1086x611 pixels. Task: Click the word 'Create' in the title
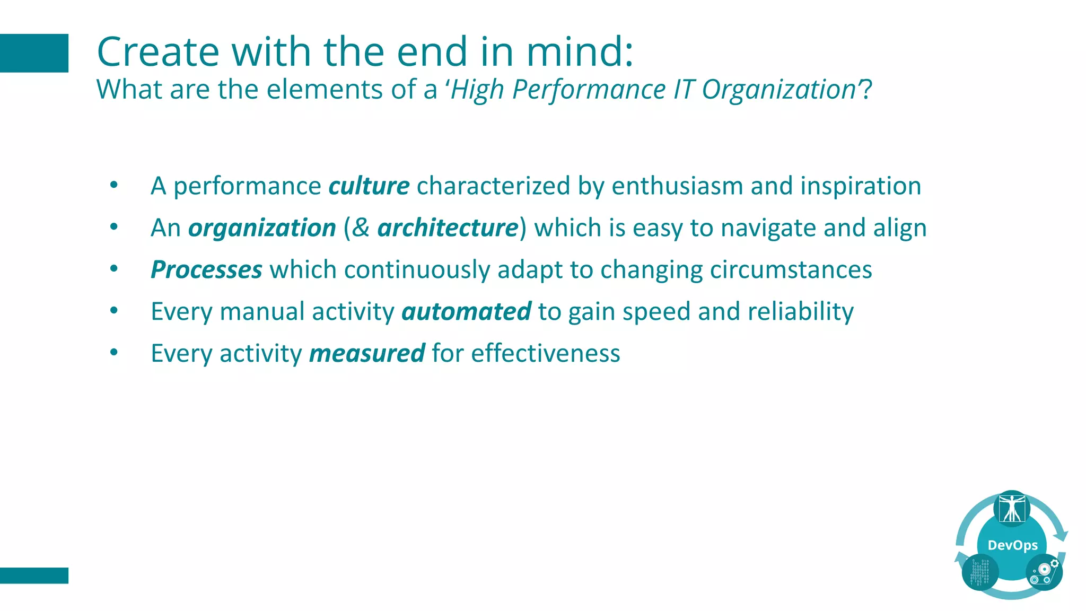[x=158, y=52]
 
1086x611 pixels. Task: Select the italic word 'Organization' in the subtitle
[x=778, y=90]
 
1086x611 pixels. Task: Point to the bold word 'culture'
[x=369, y=186]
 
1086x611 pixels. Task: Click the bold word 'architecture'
[x=448, y=228]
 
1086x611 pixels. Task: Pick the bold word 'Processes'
[x=206, y=270]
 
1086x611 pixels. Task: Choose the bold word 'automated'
[x=466, y=312]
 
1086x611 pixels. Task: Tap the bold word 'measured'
[x=367, y=354]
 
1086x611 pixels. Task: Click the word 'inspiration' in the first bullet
[x=861, y=186]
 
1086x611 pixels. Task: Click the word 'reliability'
[x=801, y=312]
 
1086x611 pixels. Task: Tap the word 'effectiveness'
[x=546, y=354]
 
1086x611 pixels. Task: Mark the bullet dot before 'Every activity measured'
[x=114, y=352]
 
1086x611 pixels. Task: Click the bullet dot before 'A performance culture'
[x=114, y=185]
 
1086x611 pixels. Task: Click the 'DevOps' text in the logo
[x=1012, y=545]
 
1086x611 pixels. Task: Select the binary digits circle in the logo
[x=980, y=572]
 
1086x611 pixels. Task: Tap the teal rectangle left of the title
[x=34, y=53]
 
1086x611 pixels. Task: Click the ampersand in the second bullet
[x=361, y=228]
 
